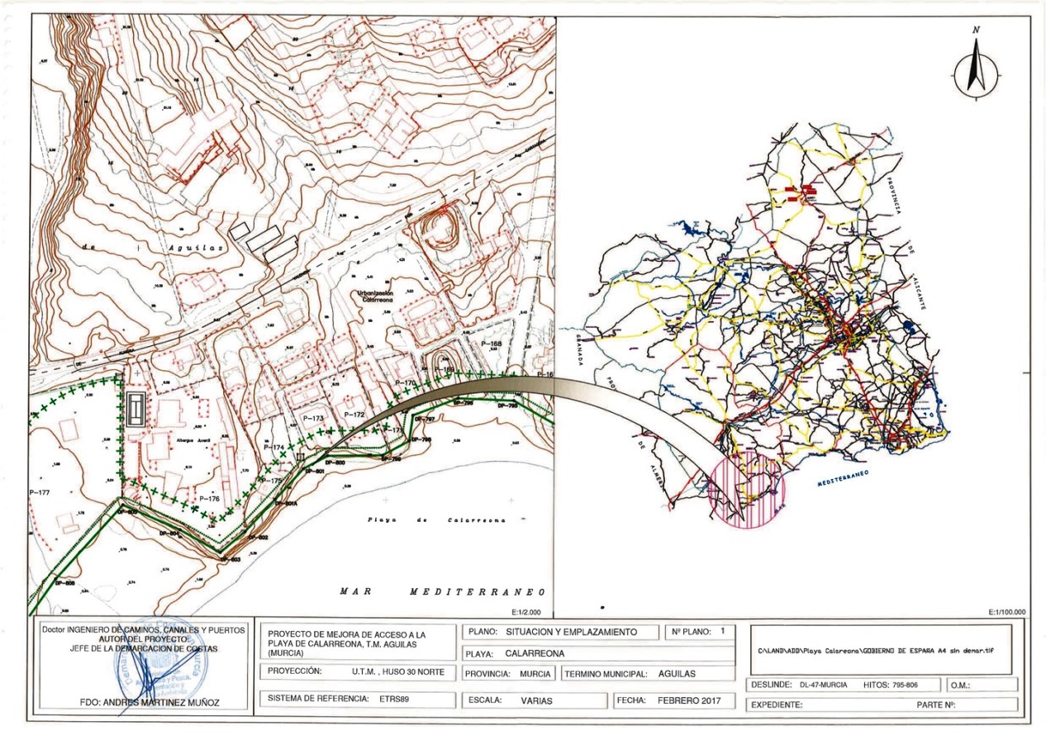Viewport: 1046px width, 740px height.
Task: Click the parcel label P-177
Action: pyautogui.click(x=39, y=492)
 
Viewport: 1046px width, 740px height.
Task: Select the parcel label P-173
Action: pyautogui.click(x=313, y=419)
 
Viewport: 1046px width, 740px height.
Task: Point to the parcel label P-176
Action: pyautogui.click(x=209, y=499)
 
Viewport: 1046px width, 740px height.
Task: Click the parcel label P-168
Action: pyautogui.click(x=491, y=344)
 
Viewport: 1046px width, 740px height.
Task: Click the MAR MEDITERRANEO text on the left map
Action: pyautogui.click(x=442, y=592)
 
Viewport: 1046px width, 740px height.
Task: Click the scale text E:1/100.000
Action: pyautogui.click(x=1006, y=612)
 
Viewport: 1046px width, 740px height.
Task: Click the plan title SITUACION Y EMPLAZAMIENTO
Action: pyautogui.click(x=572, y=632)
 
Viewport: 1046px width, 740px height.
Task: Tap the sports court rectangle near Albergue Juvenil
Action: pyautogui.click(x=134, y=408)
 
